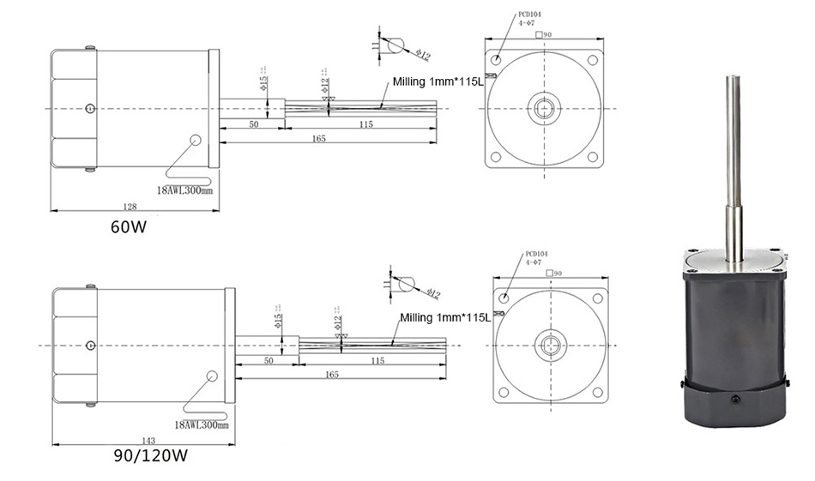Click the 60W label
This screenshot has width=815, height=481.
click(128, 228)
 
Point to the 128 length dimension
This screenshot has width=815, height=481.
click(130, 207)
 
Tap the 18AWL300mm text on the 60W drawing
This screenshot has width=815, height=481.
click(184, 189)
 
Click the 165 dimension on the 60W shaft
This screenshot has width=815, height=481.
click(317, 139)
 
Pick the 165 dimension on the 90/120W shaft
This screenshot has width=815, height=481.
click(333, 375)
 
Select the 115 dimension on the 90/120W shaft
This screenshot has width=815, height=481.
click(376, 361)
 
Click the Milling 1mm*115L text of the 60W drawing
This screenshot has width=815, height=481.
click(438, 82)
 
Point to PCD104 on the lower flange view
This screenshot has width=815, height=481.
click(535, 254)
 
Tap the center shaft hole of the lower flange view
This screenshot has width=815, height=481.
click(550, 346)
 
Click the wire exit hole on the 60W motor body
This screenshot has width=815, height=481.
click(196, 139)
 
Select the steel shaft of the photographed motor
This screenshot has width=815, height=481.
click(734, 154)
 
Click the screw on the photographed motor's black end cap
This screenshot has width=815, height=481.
click(734, 400)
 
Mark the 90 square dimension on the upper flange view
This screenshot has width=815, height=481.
click(542, 35)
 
